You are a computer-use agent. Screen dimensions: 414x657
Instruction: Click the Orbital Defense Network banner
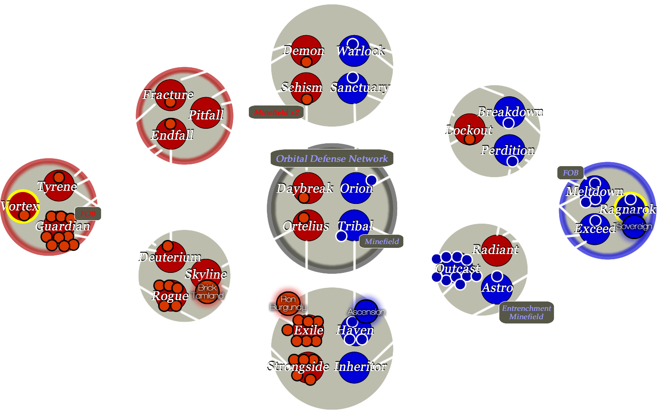332,159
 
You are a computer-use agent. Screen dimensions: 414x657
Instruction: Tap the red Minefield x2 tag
276,113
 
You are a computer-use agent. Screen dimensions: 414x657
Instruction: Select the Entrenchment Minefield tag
526,312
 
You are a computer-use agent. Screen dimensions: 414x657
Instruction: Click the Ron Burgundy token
288,303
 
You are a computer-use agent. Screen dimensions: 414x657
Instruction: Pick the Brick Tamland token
208,292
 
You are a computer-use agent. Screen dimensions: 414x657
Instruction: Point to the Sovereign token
634,227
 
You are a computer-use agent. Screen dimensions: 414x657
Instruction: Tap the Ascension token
366,312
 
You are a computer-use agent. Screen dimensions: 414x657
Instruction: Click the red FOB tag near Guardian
88,214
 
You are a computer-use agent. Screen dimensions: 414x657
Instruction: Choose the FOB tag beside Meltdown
571,173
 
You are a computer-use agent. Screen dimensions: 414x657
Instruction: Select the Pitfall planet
205,113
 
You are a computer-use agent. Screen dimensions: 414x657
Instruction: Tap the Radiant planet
496,251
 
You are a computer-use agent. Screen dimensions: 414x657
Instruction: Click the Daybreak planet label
305,189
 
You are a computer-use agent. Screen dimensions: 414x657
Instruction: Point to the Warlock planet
354,51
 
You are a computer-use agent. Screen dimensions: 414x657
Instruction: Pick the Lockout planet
469,129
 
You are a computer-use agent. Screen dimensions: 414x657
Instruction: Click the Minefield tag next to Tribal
381,241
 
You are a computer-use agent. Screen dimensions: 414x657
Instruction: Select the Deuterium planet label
170,257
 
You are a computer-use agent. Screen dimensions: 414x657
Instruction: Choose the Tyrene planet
59,185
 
